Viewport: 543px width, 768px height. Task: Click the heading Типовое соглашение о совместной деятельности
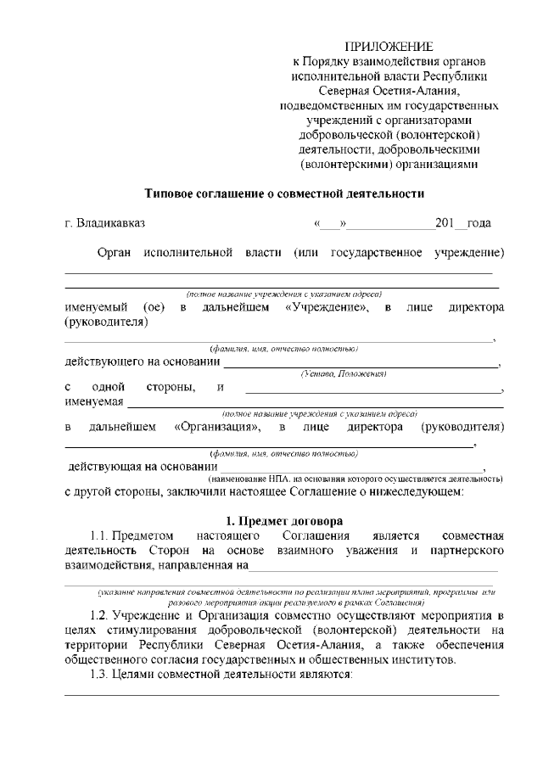(x=284, y=193)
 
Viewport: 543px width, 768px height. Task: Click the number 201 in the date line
(x=445, y=224)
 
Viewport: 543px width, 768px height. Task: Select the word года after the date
(x=479, y=224)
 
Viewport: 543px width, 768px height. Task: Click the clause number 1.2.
(x=101, y=614)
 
